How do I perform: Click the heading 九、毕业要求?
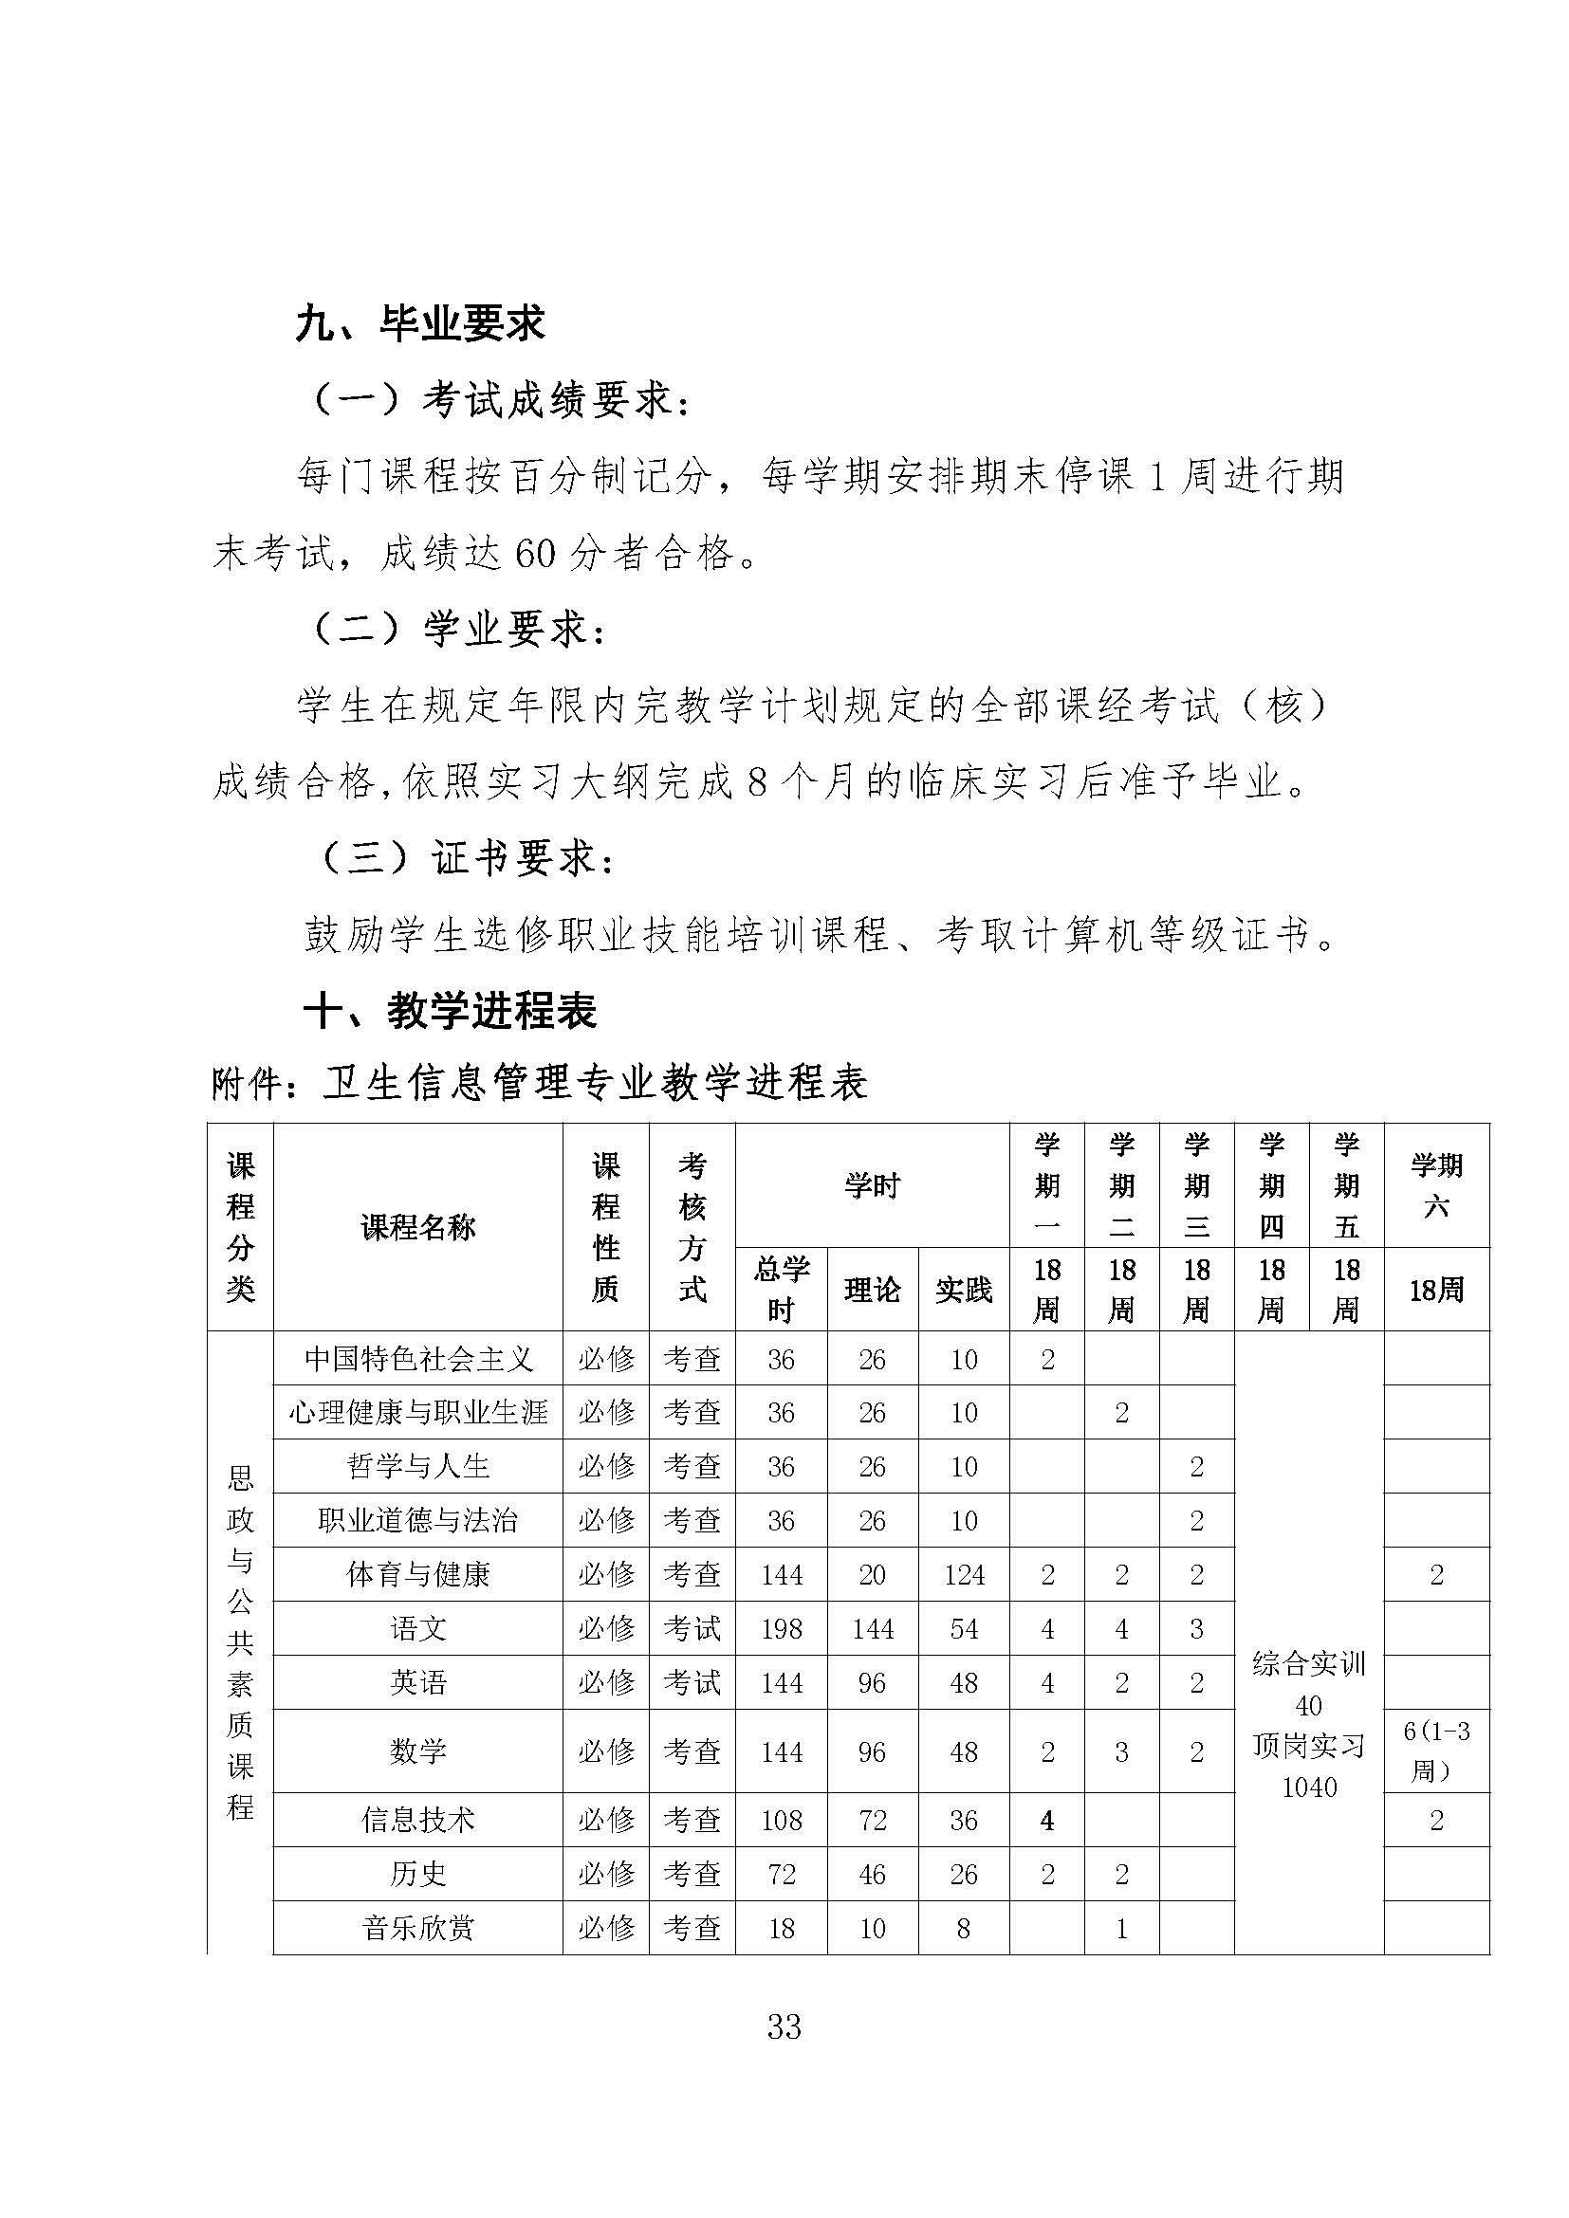420,323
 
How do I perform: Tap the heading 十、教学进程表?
451,1012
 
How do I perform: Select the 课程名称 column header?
417,1228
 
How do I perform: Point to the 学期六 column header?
1435,1185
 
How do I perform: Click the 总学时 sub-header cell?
781,1289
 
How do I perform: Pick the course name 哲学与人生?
417,1466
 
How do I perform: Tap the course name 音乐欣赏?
417,1928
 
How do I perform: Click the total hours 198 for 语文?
781,1630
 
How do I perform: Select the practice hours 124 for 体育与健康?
964,1576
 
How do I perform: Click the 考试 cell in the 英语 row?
692,1683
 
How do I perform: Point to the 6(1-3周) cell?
1435,1751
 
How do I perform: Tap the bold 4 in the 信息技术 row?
1047,1820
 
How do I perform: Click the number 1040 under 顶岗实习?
1309,1787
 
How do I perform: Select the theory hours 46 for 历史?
872,1874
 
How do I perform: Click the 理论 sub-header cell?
872,1289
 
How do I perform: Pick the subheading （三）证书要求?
468,858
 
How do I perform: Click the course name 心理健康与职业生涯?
417,1412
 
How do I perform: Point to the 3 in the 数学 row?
1121,1751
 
